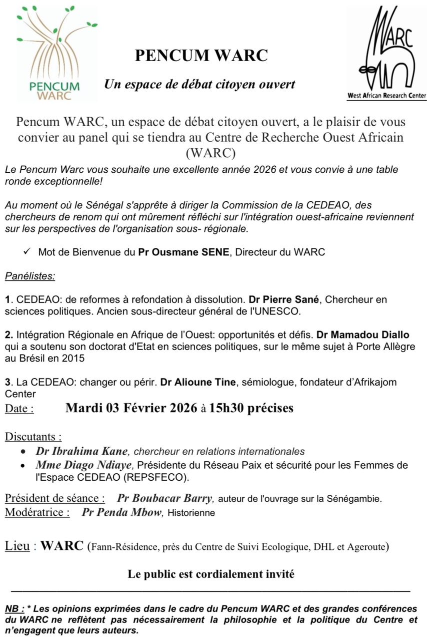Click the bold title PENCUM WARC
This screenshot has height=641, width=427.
tap(201, 56)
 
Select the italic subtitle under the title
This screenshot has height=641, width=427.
tap(199, 84)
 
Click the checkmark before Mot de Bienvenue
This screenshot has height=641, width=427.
tap(28, 252)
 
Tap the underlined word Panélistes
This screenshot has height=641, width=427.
tap(30, 275)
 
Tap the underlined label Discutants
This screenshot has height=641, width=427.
tap(33, 436)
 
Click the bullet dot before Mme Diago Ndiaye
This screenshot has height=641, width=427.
tap(24, 466)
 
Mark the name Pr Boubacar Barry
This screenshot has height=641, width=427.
tap(165, 498)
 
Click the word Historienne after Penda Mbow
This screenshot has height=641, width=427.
tap(191, 513)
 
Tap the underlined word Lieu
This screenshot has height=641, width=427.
tap(17, 545)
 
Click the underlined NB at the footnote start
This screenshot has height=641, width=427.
tap(14, 608)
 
